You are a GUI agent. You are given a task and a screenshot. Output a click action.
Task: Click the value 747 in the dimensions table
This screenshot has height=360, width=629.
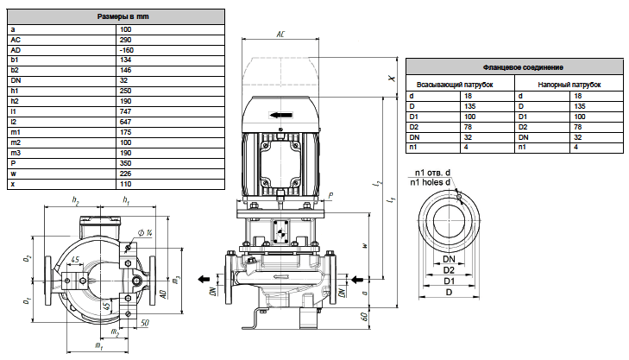pos(125,111)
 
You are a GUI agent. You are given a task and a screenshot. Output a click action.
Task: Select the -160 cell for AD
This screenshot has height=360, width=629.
pos(126,50)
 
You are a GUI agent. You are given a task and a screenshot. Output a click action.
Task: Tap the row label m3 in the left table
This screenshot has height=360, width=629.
pos(16,153)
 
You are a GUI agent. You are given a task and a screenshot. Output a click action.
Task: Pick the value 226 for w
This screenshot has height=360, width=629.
pos(125,174)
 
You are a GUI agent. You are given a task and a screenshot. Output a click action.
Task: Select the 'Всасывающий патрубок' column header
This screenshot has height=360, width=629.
pos(455,85)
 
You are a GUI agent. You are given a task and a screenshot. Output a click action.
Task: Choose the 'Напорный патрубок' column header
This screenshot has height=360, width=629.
pos(569,85)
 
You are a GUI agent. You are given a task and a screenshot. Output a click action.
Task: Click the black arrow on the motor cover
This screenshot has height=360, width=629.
pos(280,115)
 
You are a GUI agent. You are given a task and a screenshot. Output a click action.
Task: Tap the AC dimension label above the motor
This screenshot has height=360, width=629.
pos(280,35)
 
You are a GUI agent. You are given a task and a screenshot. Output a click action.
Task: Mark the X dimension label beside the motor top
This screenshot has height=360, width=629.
pos(392,79)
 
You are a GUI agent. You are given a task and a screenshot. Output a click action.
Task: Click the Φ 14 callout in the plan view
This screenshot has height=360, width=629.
pos(145,233)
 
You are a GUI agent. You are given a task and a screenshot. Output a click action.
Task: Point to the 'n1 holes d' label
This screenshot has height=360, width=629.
pos(430,182)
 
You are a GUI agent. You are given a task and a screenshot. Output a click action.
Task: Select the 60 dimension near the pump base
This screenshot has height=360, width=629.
pos(364,316)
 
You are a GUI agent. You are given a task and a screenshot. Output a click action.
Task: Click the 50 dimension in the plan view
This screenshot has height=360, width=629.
pos(145,323)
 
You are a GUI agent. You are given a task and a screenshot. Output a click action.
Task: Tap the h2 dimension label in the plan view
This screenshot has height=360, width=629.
pos(75,200)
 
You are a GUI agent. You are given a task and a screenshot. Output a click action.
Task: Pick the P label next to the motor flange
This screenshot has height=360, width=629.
pos(330,196)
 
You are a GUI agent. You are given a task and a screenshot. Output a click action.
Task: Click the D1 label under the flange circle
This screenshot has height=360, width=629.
pos(449,281)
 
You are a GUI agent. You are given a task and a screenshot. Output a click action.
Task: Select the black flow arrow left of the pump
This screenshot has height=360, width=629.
pos(204,280)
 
